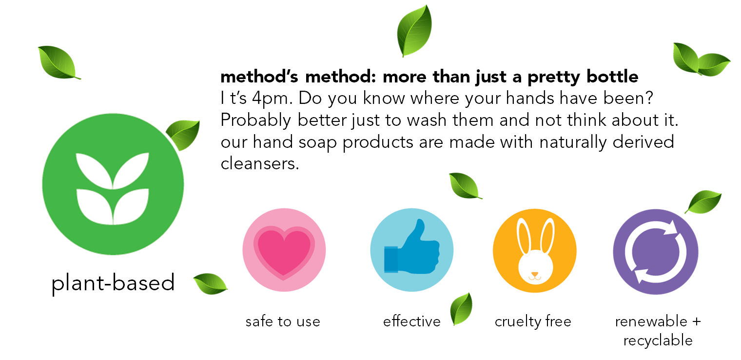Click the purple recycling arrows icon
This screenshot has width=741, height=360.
click(x=656, y=252)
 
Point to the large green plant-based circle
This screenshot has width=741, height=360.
click(x=113, y=184)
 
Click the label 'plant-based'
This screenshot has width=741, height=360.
click(x=113, y=283)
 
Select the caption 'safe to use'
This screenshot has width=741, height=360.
click(x=283, y=321)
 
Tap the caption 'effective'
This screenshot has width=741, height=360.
click(x=412, y=321)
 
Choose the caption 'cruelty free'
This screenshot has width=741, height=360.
click(x=533, y=321)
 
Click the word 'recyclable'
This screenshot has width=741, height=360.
click(x=658, y=340)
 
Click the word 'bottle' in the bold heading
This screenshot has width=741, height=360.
click(x=612, y=77)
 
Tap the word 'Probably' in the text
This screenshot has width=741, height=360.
click(x=255, y=120)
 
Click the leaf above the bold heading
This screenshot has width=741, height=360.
click(x=414, y=31)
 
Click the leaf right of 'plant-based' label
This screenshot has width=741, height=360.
click(x=211, y=284)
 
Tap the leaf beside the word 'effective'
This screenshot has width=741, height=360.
click(x=461, y=309)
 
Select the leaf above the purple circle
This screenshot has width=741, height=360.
click(x=703, y=202)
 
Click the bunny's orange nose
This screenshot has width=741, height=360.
click(x=535, y=274)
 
